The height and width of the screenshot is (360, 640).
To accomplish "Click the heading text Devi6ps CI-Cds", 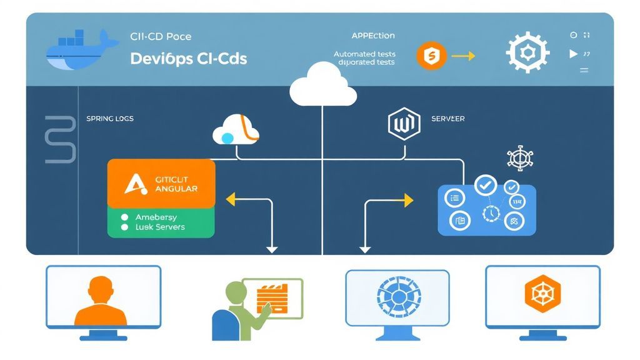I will (188, 59).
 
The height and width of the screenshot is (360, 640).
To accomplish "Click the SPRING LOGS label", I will (109, 118).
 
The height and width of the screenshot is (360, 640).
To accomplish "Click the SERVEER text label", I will (447, 119).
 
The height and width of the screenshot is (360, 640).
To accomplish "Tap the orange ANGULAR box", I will (161, 183).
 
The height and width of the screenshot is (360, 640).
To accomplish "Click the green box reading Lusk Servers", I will (161, 222).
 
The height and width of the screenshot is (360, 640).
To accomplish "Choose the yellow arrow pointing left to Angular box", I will (231, 200).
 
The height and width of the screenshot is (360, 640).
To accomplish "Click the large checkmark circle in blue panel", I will (485, 184).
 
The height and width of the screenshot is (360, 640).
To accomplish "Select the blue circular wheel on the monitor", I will (397, 299).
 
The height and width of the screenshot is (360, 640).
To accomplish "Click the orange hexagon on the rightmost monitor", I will (542, 294).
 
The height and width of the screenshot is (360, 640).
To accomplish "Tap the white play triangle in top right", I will (573, 54).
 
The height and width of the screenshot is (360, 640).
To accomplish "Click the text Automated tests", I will (364, 54).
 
